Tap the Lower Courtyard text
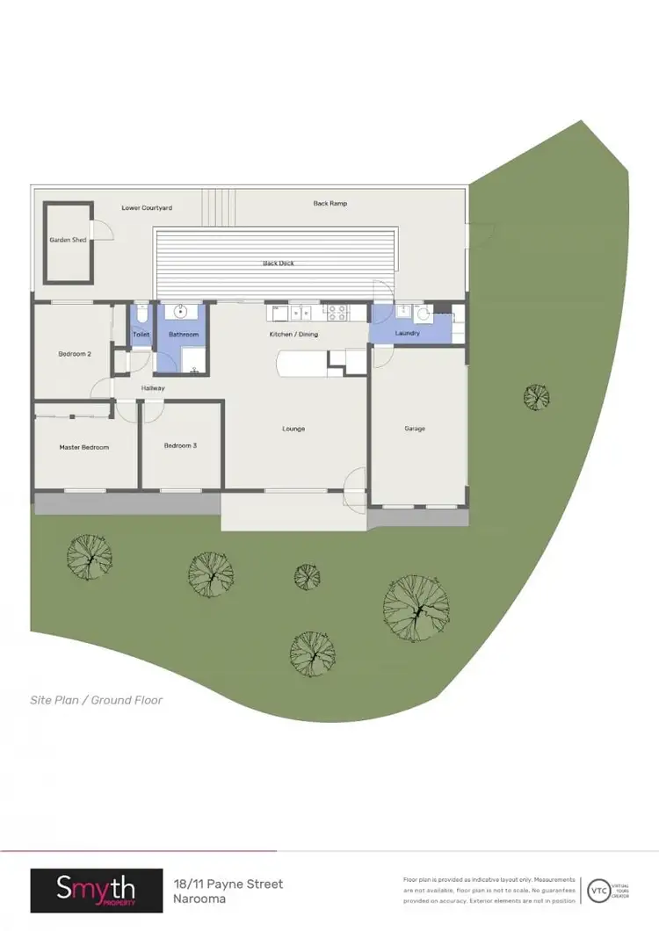(147, 208)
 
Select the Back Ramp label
(330, 204)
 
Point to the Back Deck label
(278, 263)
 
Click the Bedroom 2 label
(75, 354)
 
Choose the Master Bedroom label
(84, 447)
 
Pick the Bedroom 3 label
(180, 446)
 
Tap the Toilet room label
(141, 335)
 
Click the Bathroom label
(185, 335)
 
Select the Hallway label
(151, 388)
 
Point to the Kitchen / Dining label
(293, 335)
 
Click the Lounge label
(293, 429)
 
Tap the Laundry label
(408, 334)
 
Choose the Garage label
(415, 429)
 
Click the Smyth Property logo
(97, 891)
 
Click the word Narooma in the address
(199, 899)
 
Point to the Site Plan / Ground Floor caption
(97, 700)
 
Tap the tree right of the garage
(536, 398)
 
